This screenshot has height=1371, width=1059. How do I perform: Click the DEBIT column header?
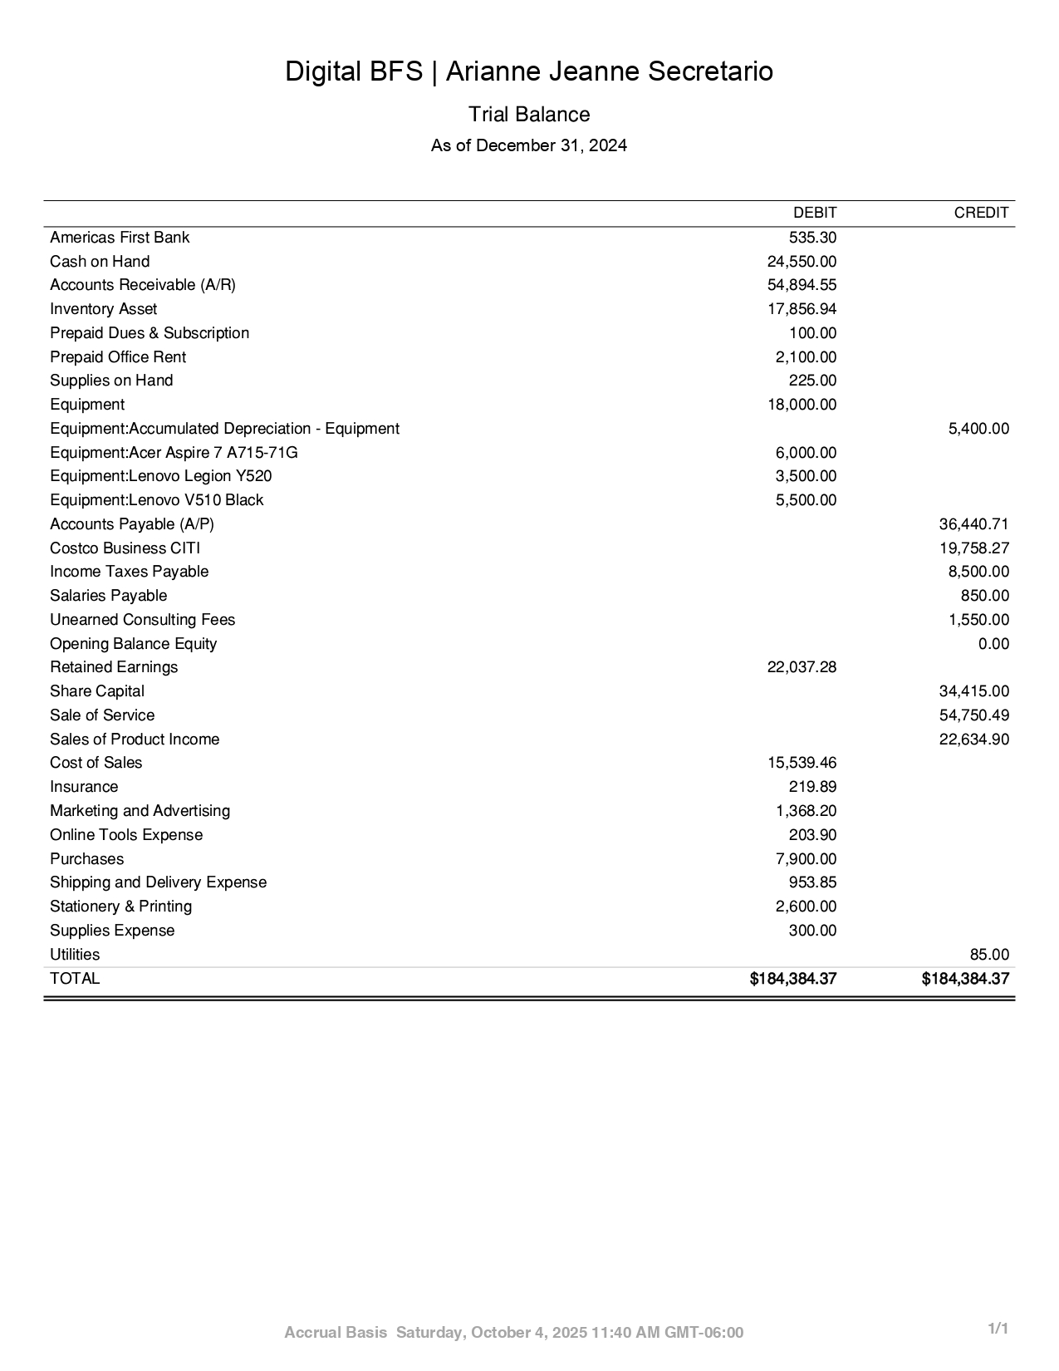click(814, 213)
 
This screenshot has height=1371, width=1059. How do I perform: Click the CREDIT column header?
click(981, 213)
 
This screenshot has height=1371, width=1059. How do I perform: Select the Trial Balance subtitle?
click(529, 115)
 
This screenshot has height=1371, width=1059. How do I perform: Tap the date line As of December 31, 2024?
click(529, 146)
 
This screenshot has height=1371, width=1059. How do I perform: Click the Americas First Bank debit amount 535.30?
click(812, 238)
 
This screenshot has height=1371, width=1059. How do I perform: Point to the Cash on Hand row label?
click(100, 262)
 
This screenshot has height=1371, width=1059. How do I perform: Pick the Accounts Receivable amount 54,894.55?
click(802, 285)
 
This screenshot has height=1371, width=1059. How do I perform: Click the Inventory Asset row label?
click(103, 309)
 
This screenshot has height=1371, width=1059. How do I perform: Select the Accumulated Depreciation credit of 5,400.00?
click(978, 429)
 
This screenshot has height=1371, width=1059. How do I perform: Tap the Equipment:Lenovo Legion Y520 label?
click(160, 476)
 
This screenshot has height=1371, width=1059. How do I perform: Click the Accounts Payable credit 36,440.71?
click(973, 524)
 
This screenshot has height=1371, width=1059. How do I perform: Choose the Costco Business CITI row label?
click(125, 548)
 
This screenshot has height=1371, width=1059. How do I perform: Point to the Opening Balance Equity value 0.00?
click(993, 644)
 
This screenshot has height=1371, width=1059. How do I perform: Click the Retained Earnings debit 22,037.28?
click(802, 667)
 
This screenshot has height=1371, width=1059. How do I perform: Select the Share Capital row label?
click(97, 691)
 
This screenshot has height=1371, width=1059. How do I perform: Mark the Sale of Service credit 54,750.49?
click(973, 715)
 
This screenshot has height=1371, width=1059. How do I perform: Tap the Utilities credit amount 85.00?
click(989, 955)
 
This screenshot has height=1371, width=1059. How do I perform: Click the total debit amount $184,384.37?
click(792, 979)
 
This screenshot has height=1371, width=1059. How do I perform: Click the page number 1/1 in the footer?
click(998, 1329)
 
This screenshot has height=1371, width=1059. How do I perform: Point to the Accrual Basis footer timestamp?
click(514, 1333)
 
